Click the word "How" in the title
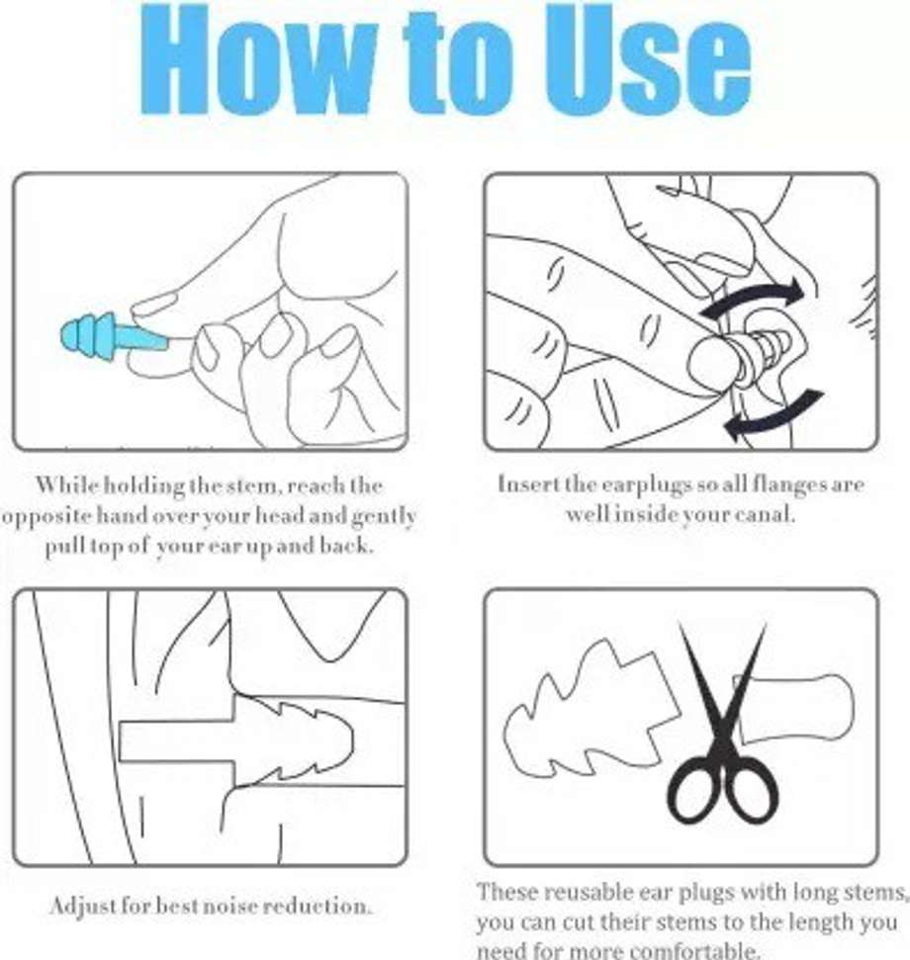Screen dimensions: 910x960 pos(256,60)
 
